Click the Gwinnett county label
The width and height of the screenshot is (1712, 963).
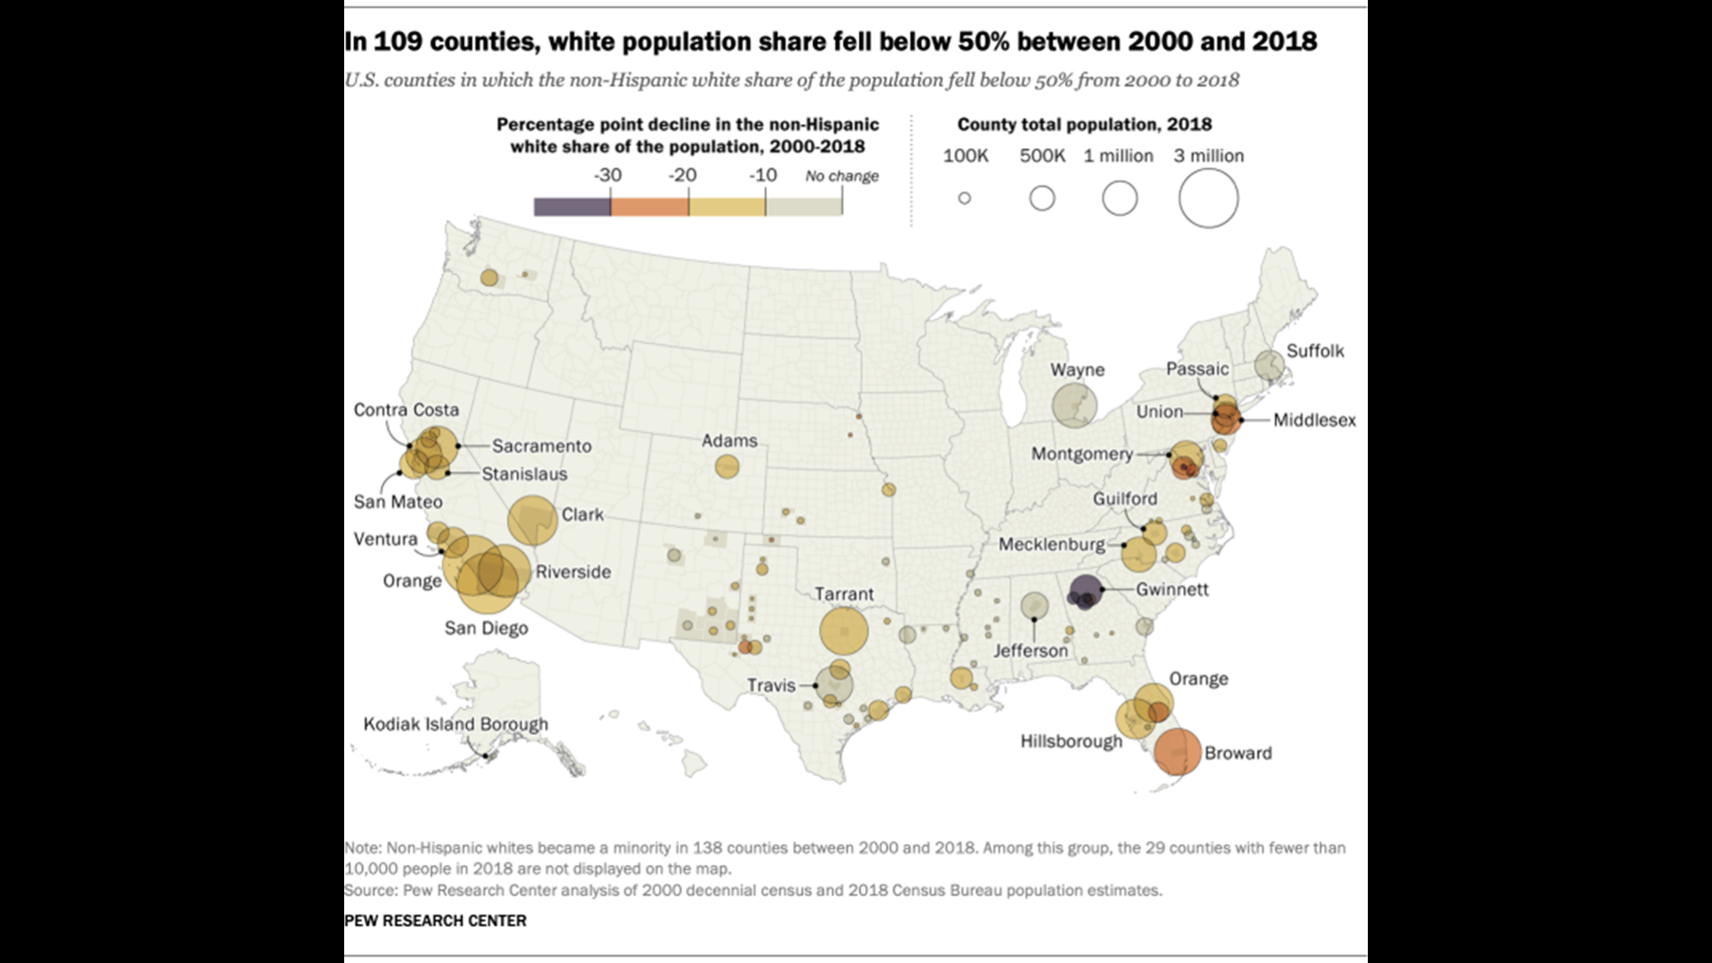point(1172,589)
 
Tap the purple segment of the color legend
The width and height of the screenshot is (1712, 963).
point(572,207)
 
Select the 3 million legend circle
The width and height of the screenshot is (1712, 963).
point(1208,198)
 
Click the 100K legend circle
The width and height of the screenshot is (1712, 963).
point(964,198)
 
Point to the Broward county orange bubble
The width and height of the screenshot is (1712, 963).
point(1177,752)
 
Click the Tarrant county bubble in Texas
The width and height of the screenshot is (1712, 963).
point(844,631)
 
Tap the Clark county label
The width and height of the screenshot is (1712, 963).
point(582,514)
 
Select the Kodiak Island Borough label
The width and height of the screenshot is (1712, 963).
point(455,724)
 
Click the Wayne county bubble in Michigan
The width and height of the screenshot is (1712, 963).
point(1073,406)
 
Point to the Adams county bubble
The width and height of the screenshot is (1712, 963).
point(727,466)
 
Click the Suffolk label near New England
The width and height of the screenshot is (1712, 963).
point(1314,350)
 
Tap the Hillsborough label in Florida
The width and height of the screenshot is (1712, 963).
point(1071,741)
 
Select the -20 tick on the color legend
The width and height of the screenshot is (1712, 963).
point(683,176)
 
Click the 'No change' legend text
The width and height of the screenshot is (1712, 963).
point(842,176)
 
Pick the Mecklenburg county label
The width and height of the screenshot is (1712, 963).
point(1051,544)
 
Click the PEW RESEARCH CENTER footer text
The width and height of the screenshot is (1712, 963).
point(435,920)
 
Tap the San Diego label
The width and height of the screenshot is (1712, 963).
point(486,628)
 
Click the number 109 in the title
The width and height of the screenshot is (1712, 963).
point(397,42)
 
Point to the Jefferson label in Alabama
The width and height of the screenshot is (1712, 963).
point(1030,650)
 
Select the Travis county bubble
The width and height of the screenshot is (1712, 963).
point(834,687)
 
